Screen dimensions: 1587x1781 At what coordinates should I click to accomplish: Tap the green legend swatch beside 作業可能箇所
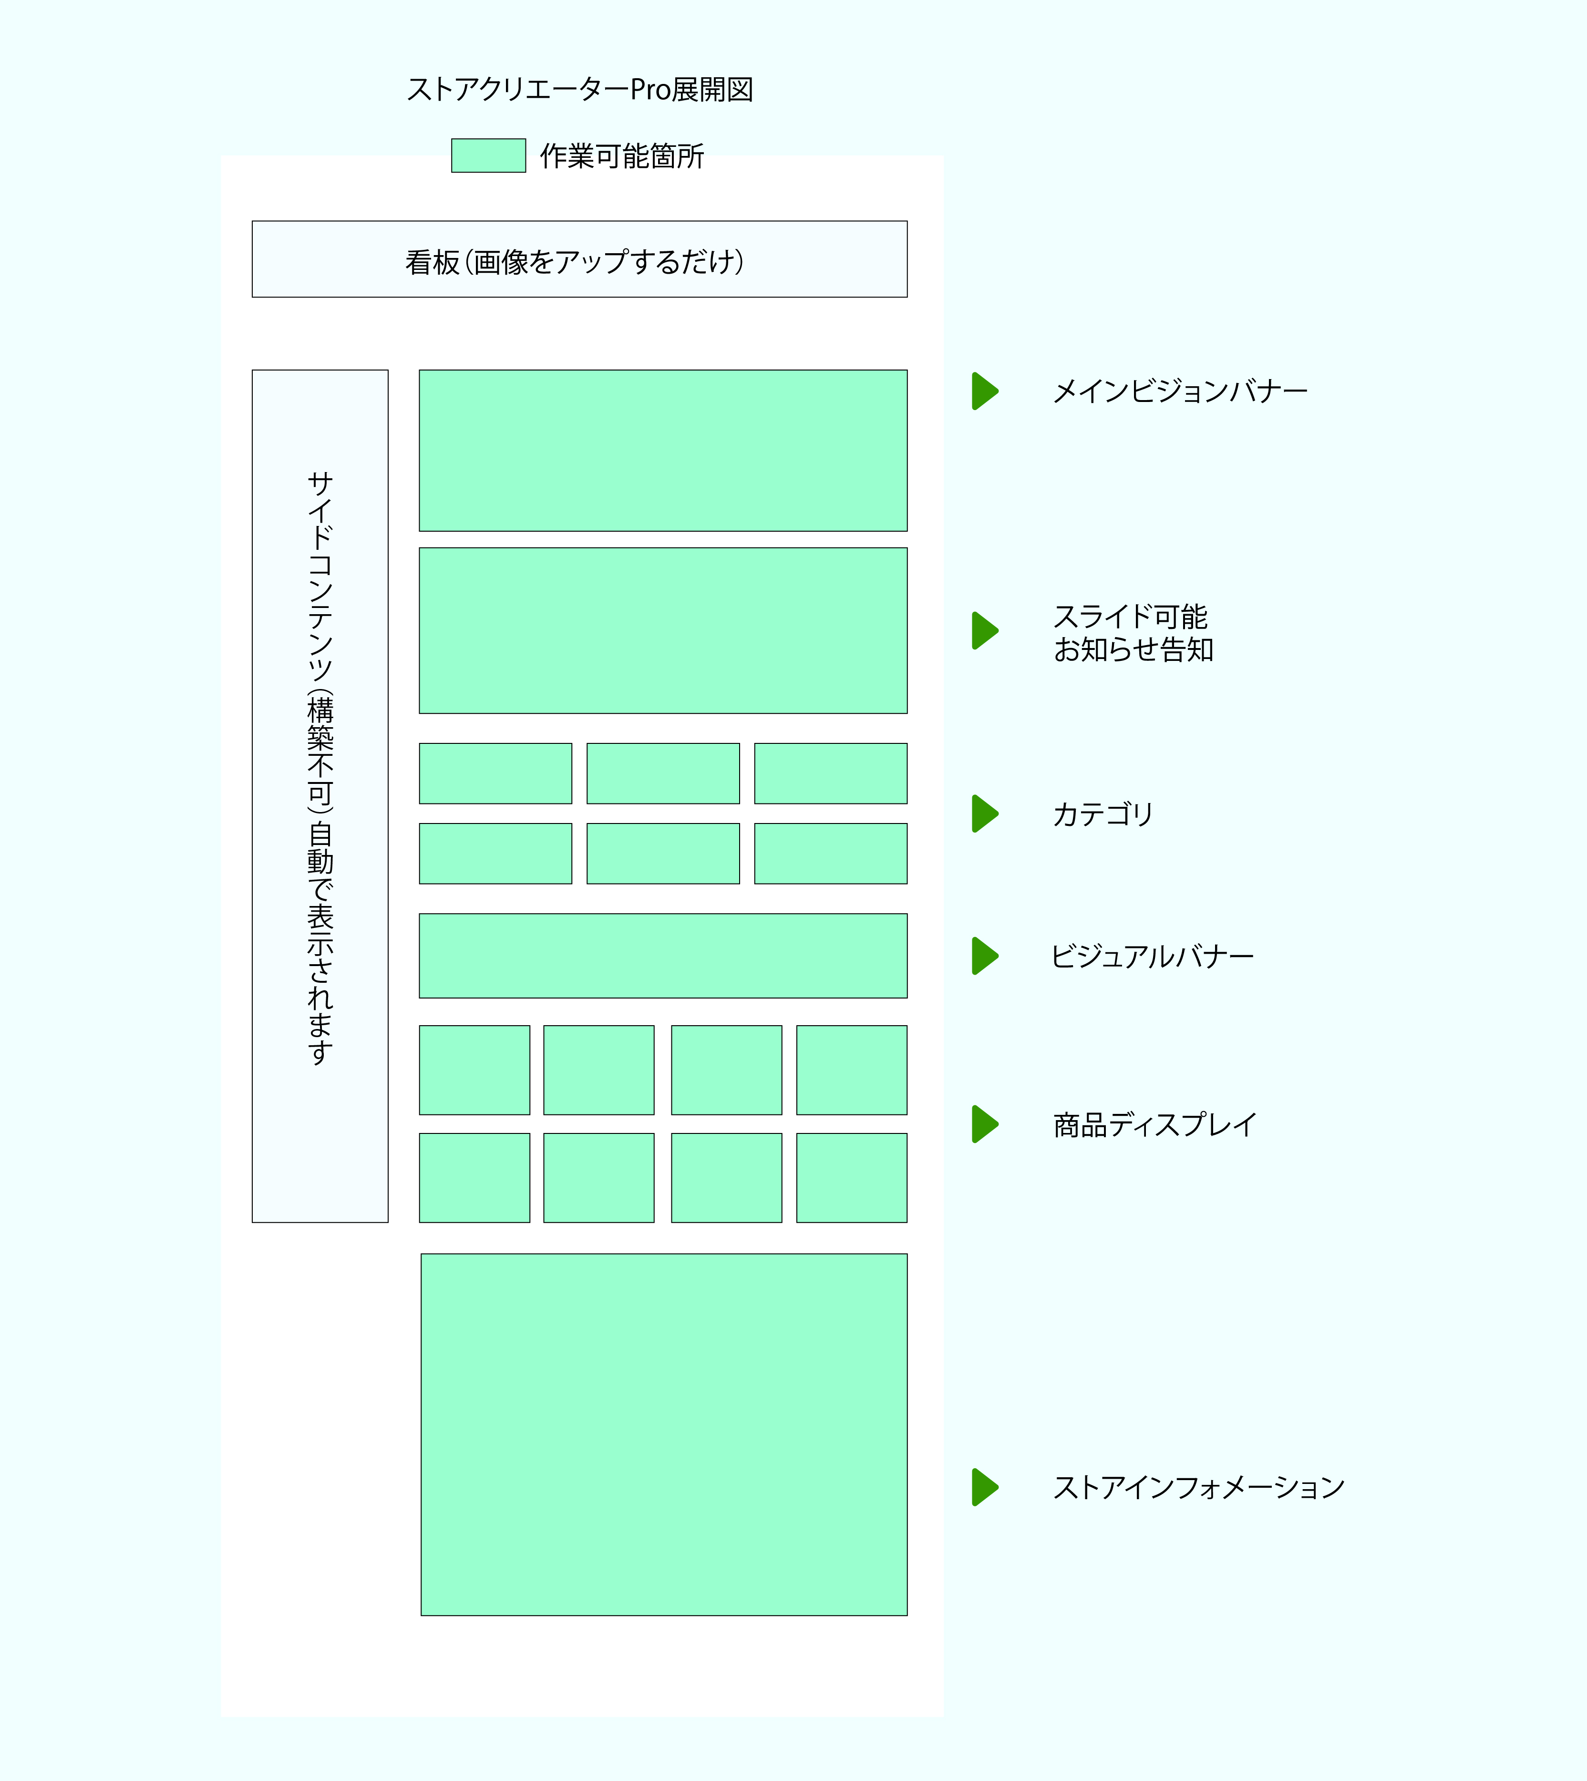point(488,155)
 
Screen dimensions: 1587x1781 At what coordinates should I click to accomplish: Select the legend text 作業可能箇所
point(622,156)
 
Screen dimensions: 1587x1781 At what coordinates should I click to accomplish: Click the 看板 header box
point(580,259)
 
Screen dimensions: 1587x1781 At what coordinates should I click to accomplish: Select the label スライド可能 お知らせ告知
point(1134,633)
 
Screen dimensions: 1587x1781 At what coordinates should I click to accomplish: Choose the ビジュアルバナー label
point(1153,957)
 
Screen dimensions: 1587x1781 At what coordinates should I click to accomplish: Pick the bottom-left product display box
point(474,1178)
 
